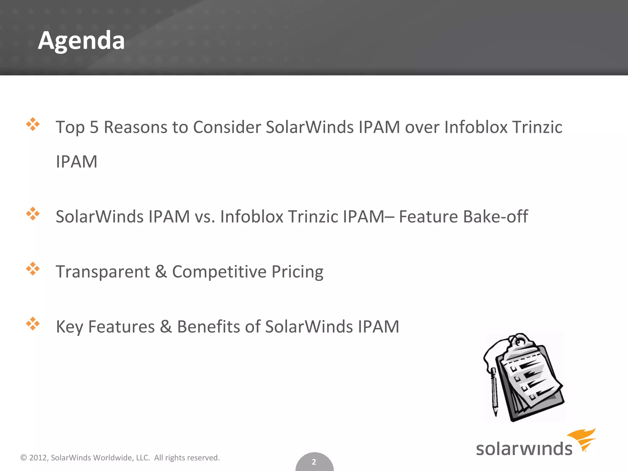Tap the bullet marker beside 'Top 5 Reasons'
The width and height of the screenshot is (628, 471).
coord(33,124)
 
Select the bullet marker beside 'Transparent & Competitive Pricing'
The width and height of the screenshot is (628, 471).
coord(33,269)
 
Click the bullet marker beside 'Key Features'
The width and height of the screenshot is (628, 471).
coord(33,324)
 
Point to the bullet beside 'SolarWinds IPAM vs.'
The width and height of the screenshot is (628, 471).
coord(33,214)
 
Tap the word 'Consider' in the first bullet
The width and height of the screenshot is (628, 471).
coord(227,127)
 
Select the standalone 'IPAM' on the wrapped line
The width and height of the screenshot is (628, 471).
coord(76,162)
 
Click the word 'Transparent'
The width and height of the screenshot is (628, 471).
coord(103,272)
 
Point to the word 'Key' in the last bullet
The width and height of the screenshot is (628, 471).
coord(69,327)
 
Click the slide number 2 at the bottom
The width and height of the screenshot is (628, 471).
coord(314,462)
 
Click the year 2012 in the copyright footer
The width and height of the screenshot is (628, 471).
coord(38,458)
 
